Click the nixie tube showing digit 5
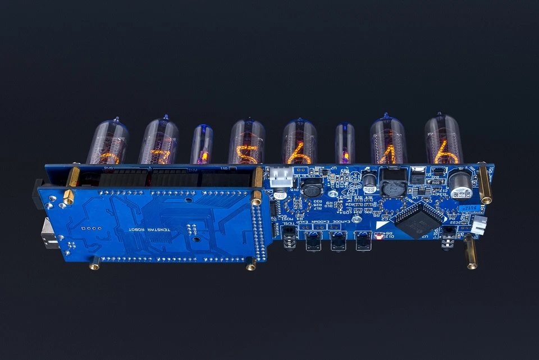click(x=246, y=142)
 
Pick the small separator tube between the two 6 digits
click(x=345, y=144)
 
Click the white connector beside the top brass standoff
click(x=281, y=177)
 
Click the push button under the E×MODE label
click(x=363, y=242)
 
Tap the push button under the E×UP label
click(x=312, y=243)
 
